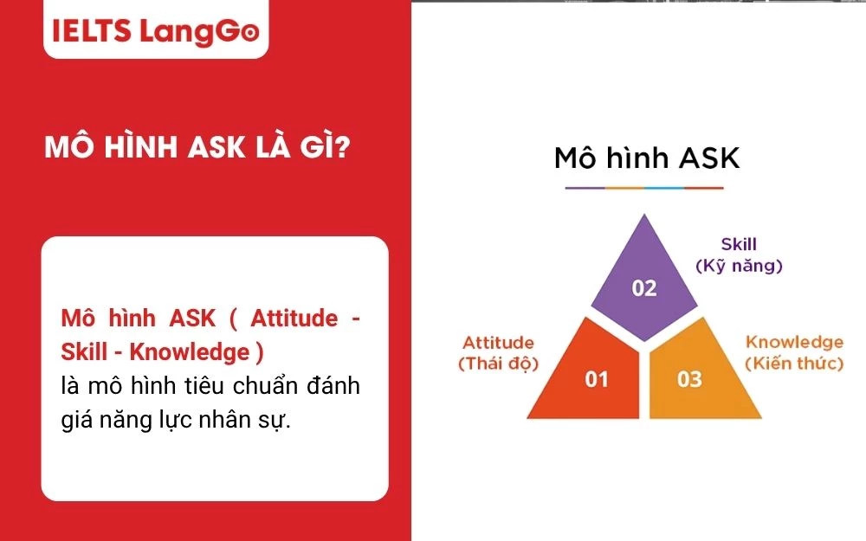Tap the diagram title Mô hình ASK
tap(647, 158)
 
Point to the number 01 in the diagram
tap(597, 379)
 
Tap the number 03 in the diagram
tap(689, 379)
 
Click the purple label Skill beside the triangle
tap(739, 245)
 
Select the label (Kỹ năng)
tap(739, 267)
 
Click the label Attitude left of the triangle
tap(498, 343)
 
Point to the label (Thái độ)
tap(498, 364)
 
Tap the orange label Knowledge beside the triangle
tap(794, 343)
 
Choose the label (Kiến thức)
tap(794, 364)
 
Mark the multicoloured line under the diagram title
tap(643, 187)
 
